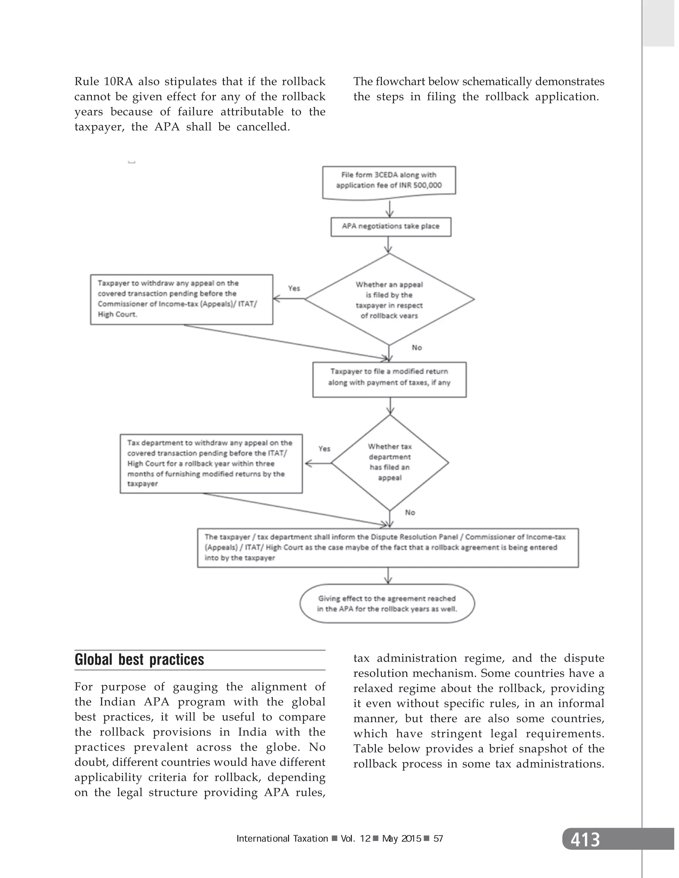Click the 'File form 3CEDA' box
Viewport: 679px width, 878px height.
(x=389, y=181)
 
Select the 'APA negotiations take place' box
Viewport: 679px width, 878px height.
(x=391, y=227)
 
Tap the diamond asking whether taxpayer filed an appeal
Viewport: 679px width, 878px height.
(x=389, y=300)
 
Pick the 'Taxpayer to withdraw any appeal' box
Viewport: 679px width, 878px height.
(x=181, y=299)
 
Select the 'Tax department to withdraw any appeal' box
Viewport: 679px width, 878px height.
(x=211, y=463)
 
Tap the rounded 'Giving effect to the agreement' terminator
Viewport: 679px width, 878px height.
(x=387, y=603)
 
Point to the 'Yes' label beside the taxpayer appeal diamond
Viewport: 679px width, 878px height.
(x=294, y=288)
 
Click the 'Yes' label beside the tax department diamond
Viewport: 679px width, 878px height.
(x=324, y=449)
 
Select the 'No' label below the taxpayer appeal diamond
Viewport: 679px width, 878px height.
(x=417, y=347)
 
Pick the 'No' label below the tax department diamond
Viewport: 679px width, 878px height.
(x=410, y=512)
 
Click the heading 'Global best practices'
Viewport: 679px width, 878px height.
(x=139, y=660)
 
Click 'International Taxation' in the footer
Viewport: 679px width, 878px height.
(x=282, y=839)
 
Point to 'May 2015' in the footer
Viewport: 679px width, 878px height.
(x=401, y=839)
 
